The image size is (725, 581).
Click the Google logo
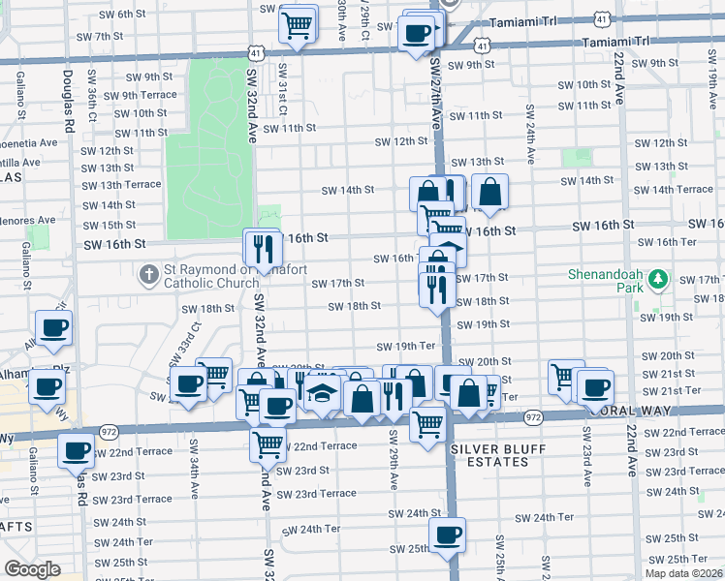point(32,569)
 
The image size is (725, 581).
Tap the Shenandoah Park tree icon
point(658,280)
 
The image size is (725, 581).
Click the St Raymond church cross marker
point(149,275)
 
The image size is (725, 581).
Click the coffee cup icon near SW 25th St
point(447,535)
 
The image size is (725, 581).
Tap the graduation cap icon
point(320,394)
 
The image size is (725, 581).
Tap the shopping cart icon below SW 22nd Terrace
point(268,444)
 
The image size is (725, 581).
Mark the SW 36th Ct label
point(92,103)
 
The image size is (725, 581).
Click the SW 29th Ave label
point(394,465)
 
